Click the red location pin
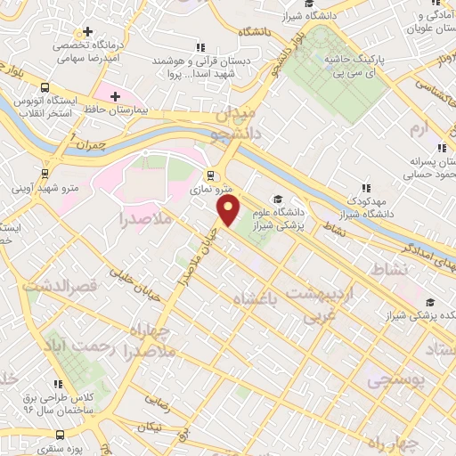(229, 209)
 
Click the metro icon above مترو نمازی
(210, 175)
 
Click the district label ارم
(420, 130)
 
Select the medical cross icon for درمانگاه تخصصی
(87, 31)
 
